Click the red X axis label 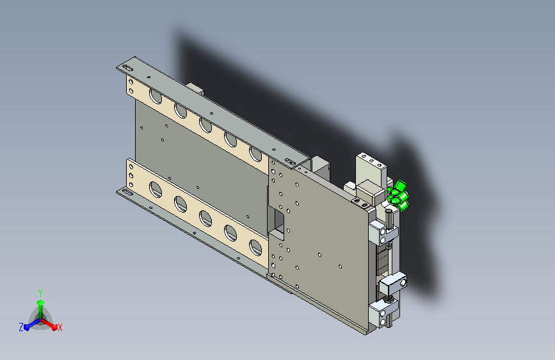(60, 327)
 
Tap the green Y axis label (40, 293)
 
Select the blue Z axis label (21, 327)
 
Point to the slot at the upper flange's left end (127, 68)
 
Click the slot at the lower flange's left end (127, 193)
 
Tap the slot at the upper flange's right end (290, 161)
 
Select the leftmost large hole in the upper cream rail (156, 96)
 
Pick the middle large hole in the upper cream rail (205, 126)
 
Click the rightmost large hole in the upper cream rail (255, 154)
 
